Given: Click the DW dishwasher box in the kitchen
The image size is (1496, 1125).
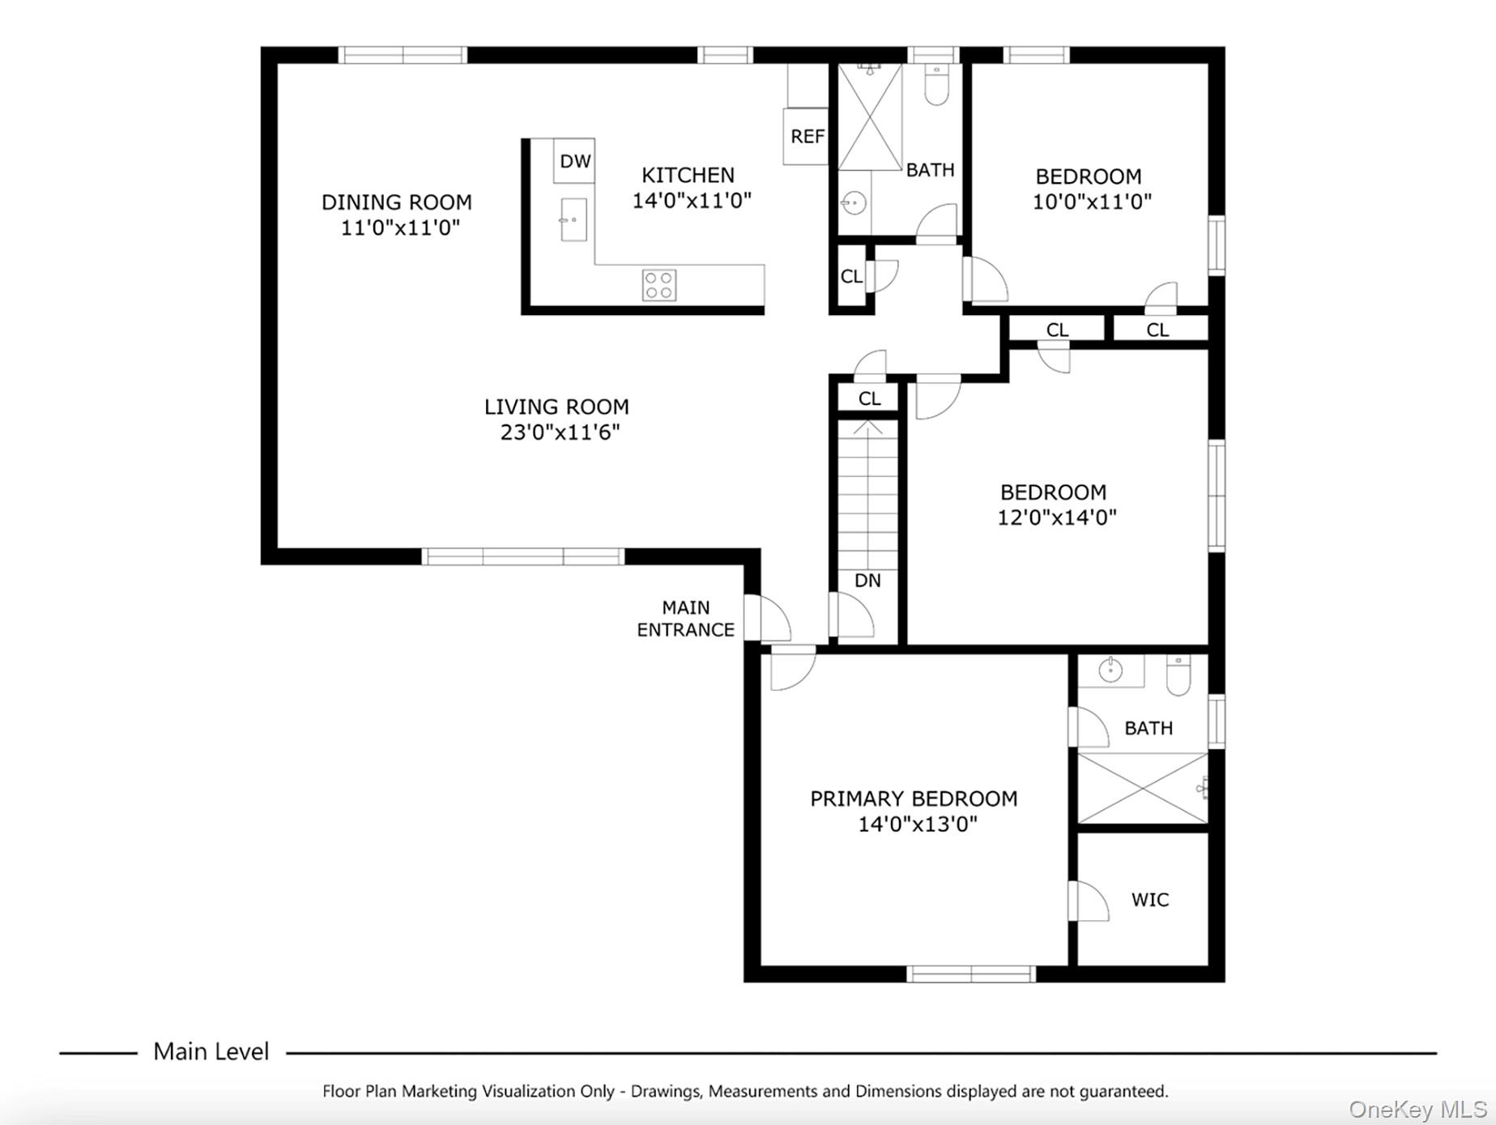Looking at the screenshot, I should coord(574,160).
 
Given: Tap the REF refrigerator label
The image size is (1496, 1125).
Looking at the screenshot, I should coord(807,136).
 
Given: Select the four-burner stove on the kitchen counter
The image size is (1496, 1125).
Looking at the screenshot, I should coord(658,285).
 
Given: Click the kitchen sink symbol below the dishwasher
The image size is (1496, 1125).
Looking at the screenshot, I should coord(573,219).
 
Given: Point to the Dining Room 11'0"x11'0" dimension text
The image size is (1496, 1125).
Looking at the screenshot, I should coord(399,228).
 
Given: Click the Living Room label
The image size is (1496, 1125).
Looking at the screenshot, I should coord(556,407).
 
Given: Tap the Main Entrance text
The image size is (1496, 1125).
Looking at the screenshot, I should coord(685,619).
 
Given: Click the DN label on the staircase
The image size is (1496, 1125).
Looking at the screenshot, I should coord(867,580).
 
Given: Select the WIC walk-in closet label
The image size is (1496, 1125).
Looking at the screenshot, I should coord(1149,899).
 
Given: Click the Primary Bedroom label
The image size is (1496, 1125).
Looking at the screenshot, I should coord(914,799).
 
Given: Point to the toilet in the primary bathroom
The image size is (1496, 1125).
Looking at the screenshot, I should coord(1178,675).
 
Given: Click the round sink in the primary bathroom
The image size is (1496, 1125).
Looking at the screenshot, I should coord(1110,670).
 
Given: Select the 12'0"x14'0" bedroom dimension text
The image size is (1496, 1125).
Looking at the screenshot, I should coord(1056,518).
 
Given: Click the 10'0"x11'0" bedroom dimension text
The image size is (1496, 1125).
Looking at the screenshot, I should coord(1091,202).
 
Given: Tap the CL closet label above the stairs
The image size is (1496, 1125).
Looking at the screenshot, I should coord(869,398).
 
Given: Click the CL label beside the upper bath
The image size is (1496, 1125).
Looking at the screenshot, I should coord(851,276).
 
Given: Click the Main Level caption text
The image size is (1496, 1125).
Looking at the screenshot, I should coord(211,1051).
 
